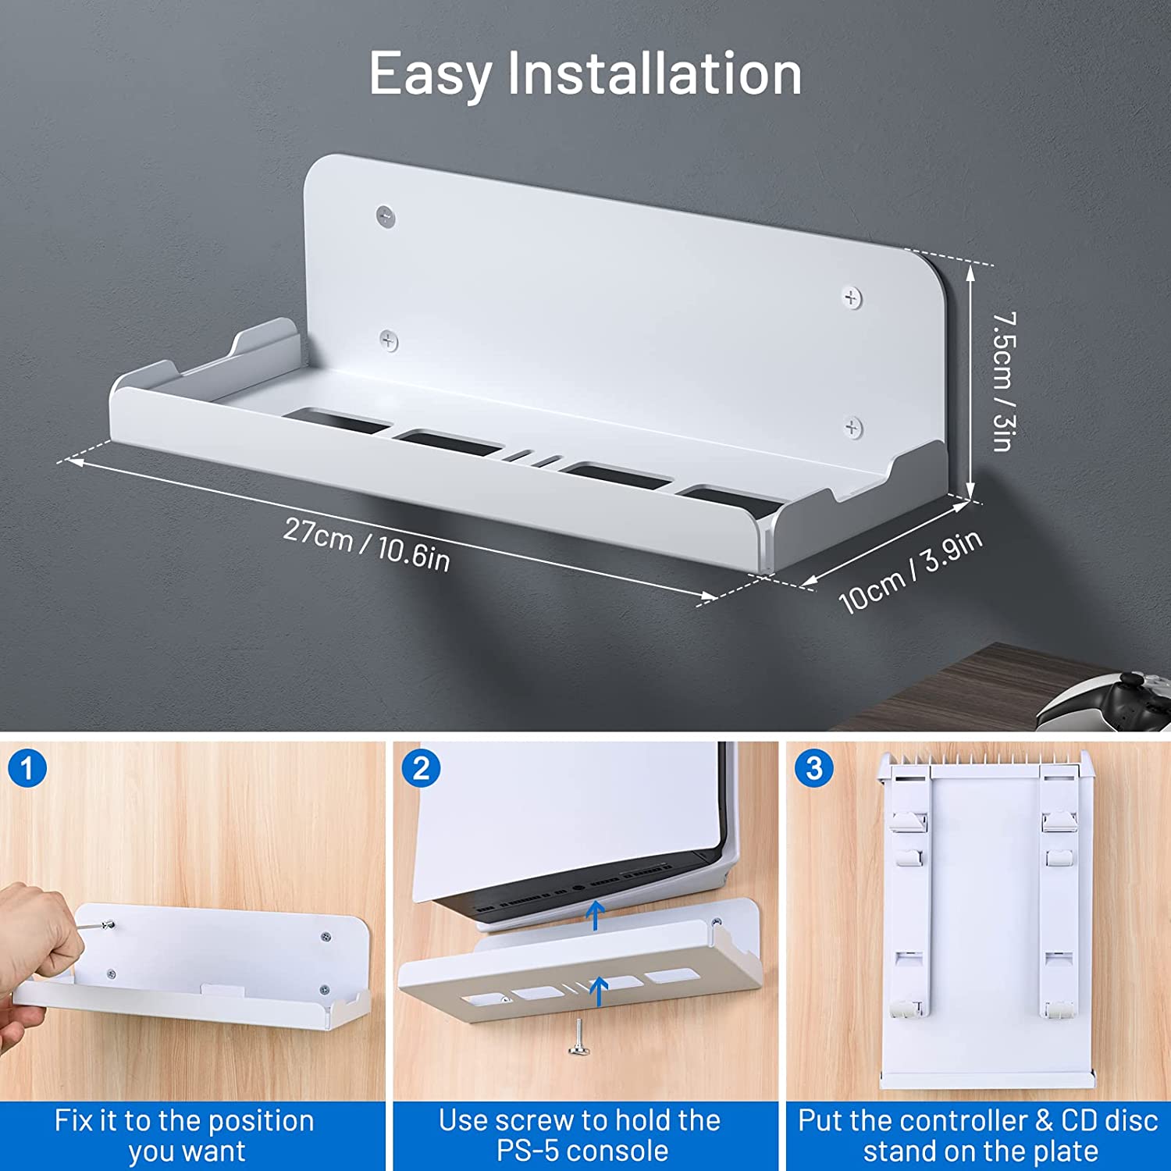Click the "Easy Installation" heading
click(x=585, y=74)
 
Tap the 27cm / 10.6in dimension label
click(x=366, y=544)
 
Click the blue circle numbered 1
click(x=27, y=769)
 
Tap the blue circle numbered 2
click(x=421, y=769)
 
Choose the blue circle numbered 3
click(x=814, y=769)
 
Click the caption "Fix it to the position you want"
click(x=185, y=1136)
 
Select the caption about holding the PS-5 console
click(x=580, y=1136)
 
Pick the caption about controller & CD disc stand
click(x=978, y=1136)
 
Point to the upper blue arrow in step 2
click(x=596, y=915)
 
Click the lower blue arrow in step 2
click(x=599, y=991)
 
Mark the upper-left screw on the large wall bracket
click(x=385, y=215)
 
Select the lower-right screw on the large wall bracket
click(x=853, y=427)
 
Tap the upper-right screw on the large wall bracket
click(x=852, y=297)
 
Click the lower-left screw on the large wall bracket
click(x=389, y=340)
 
